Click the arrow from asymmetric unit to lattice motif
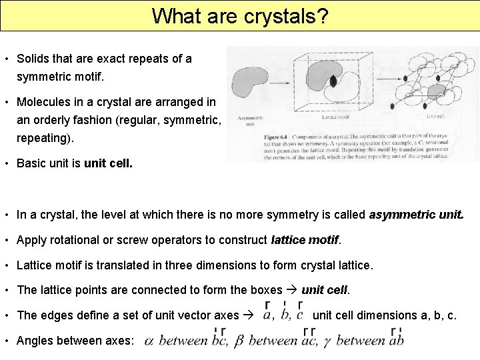coord(284,83)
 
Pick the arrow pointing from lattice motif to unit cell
coord(390,84)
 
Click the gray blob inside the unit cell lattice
coord(436,89)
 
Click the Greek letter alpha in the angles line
coord(149,341)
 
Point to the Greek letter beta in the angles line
coord(238,341)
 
